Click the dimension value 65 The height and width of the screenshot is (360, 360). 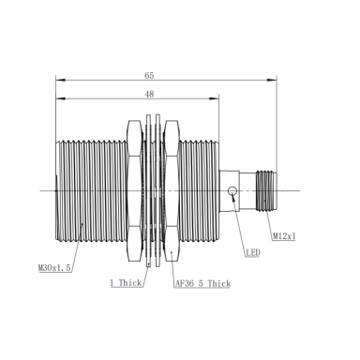pos(149,76)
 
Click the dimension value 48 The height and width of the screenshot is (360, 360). pos(149,94)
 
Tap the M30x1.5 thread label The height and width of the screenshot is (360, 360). pos(54,268)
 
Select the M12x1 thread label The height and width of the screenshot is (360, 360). pos(284,236)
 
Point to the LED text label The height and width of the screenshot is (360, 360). pos(253,252)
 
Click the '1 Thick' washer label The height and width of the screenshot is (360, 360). pos(126,283)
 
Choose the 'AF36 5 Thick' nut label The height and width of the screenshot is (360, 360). pos(202,284)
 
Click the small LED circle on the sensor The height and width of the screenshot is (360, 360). pos(232,190)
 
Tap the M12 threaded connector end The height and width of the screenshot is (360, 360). pos(266,190)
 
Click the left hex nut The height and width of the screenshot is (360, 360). pos(134,190)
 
